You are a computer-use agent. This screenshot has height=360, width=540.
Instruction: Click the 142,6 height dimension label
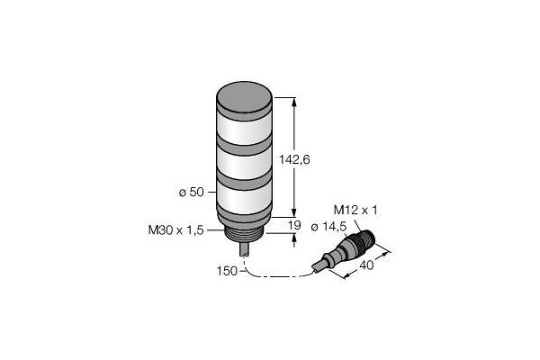click(294, 159)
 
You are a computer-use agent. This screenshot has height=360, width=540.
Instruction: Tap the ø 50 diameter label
click(192, 193)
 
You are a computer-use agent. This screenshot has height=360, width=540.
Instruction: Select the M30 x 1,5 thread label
click(176, 229)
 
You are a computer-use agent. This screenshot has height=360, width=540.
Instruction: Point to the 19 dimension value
click(294, 225)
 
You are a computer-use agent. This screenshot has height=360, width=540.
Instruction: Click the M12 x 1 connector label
click(355, 210)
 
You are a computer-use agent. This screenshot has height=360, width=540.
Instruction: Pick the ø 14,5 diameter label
click(328, 227)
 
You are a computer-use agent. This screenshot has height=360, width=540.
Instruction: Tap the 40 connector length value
click(366, 265)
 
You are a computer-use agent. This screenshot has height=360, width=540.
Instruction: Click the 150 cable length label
click(227, 271)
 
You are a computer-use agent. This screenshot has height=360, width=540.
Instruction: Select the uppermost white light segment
click(245, 130)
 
